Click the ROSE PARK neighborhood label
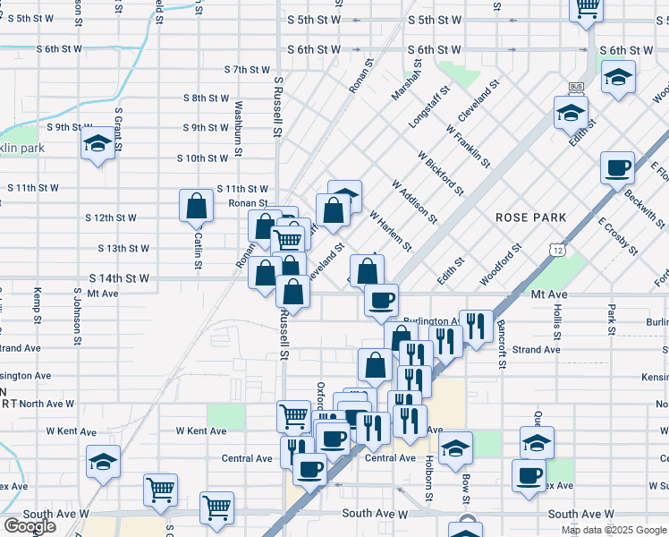point(531,217)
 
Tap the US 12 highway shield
point(558,246)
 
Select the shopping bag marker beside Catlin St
point(196,207)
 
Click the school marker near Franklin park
point(97,145)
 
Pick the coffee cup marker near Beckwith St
point(618,167)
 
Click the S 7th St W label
point(247,69)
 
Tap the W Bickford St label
point(441,172)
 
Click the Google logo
point(30,525)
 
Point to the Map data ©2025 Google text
point(614,530)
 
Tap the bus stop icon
point(575,88)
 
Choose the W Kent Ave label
point(201,430)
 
